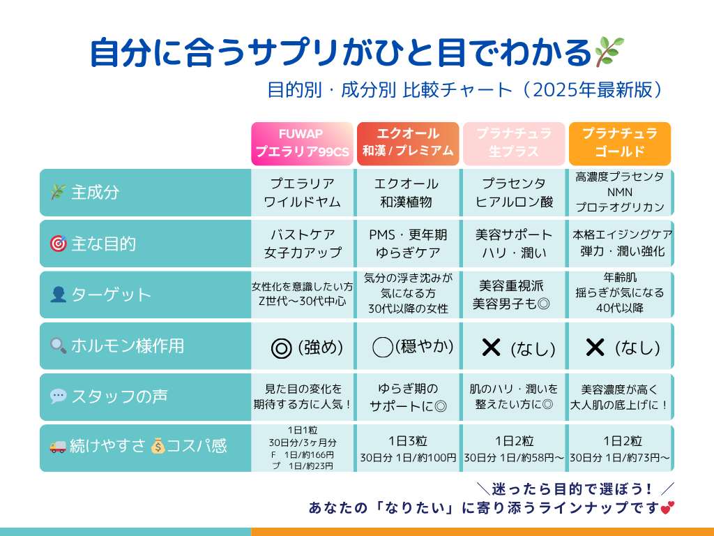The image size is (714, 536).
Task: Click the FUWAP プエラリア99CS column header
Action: pos(302,144)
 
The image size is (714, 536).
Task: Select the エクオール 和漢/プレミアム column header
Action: pos(408,142)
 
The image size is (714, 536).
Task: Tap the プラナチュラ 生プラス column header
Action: pos(514,144)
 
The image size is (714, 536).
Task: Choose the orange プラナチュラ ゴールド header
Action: pos(620,144)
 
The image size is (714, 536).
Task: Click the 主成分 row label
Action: pos(95,193)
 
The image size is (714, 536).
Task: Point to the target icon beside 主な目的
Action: pos(58,244)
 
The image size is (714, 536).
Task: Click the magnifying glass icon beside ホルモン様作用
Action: pos(58,345)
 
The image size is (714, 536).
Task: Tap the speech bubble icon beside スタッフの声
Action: pos(58,396)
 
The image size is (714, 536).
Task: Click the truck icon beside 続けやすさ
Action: pos(58,447)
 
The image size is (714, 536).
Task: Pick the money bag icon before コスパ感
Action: pos(158,447)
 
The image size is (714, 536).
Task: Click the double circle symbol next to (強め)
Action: pos(281,348)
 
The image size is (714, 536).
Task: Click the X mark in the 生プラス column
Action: pos(491,347)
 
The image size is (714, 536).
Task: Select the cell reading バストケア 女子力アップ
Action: pos(302,244)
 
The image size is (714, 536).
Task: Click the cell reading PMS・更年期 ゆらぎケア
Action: pos(408,244)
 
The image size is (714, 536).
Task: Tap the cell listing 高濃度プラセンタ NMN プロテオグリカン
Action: pos(620,192)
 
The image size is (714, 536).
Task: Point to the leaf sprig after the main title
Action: pos(609,51)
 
